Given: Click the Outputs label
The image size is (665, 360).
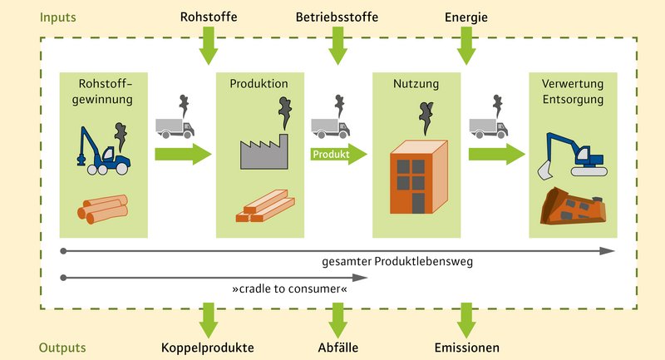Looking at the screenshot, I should click(x=63, y=347).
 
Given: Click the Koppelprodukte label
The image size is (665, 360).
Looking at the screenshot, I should click(x=207, y=347).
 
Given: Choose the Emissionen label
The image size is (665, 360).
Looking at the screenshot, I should click(x=468, y=347).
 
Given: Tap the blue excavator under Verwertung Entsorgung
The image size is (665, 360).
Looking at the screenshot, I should click(x=576, y=155).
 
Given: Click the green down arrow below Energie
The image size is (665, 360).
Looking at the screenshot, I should click(x=466, y=45).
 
